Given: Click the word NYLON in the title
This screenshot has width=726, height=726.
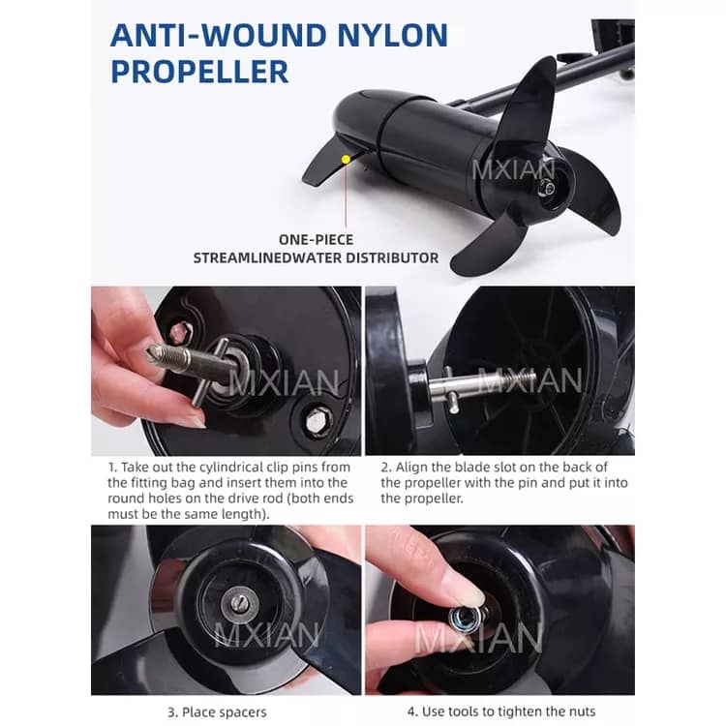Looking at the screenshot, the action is (x=393, y=35).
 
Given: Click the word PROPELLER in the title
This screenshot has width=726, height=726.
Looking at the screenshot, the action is (x=199, y=72).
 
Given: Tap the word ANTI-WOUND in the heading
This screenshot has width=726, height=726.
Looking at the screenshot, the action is (x=219, y=35).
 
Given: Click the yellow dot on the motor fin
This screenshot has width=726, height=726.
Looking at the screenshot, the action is (x=346, y=160).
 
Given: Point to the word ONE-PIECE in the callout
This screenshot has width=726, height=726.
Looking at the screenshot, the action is (x=316, y=239).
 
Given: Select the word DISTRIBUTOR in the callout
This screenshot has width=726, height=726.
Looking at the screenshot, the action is (x=393, y=257).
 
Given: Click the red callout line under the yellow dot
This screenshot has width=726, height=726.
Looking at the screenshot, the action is (x=346, y=196).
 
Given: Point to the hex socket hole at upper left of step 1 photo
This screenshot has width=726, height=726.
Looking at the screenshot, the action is (x=180, y=332).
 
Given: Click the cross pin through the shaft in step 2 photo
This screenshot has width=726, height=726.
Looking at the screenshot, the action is (x=450, y=390).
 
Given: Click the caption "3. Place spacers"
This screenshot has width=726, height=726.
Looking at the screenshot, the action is (x=217, y=712).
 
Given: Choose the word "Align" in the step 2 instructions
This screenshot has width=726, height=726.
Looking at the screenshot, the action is (x=411, y=467).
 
